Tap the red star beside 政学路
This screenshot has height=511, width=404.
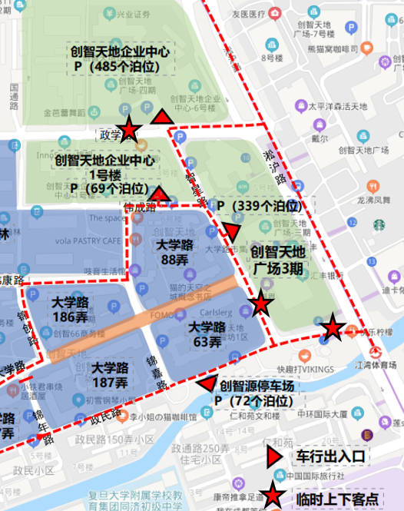click(x=130, y=130)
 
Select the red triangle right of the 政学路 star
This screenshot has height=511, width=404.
click(x=162, y=118)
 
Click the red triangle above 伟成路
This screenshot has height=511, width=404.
click(x=160, y=194)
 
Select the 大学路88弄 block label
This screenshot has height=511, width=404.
click(x=175, y=253)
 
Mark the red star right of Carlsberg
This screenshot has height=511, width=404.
click(x=261, y=304)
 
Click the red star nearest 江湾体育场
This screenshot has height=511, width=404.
click(x=333, y=328)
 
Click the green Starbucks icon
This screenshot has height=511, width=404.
click(x=379, y=225)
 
